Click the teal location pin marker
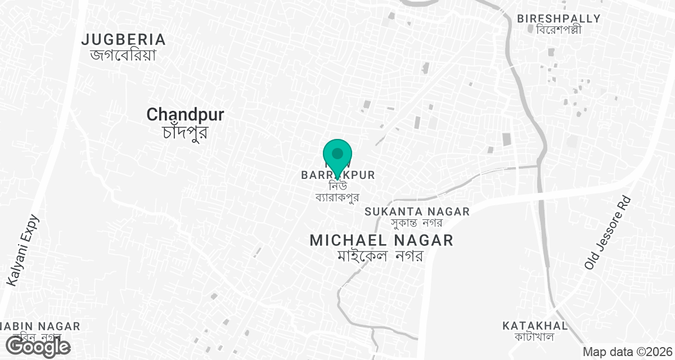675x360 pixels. tap(337, 155)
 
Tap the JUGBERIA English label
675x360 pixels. tap(124, 39)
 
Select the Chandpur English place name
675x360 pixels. tap(185, 115)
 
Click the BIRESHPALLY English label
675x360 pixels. tap(559, 19)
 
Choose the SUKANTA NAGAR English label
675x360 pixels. tap(417, 211)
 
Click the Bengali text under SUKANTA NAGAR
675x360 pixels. tap(417, 223)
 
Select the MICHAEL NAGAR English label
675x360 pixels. tap(381, 241)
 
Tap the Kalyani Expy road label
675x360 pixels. tap(21, 250)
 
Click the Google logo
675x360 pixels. tap(38, 347)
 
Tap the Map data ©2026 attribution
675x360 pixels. tap(627, 352)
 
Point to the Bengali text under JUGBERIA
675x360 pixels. tap(123, 55)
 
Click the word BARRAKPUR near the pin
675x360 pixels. tap(337, 175)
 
